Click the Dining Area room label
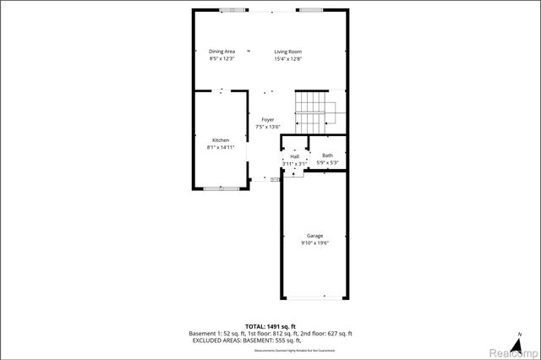coord(222,52)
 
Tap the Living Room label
coord(288,52)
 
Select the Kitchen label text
coord(221,140)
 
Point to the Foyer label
coord(267,120)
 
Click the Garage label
coord(314,236)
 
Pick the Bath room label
coord(327,155)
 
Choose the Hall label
coord(294,156)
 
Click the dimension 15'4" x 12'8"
coord(288,59)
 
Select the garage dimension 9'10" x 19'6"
coord(314,243)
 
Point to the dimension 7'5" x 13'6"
coord(267,128)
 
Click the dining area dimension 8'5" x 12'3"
coord(222,59)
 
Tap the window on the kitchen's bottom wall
coord(221,188)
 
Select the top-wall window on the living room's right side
coord(309,10)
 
